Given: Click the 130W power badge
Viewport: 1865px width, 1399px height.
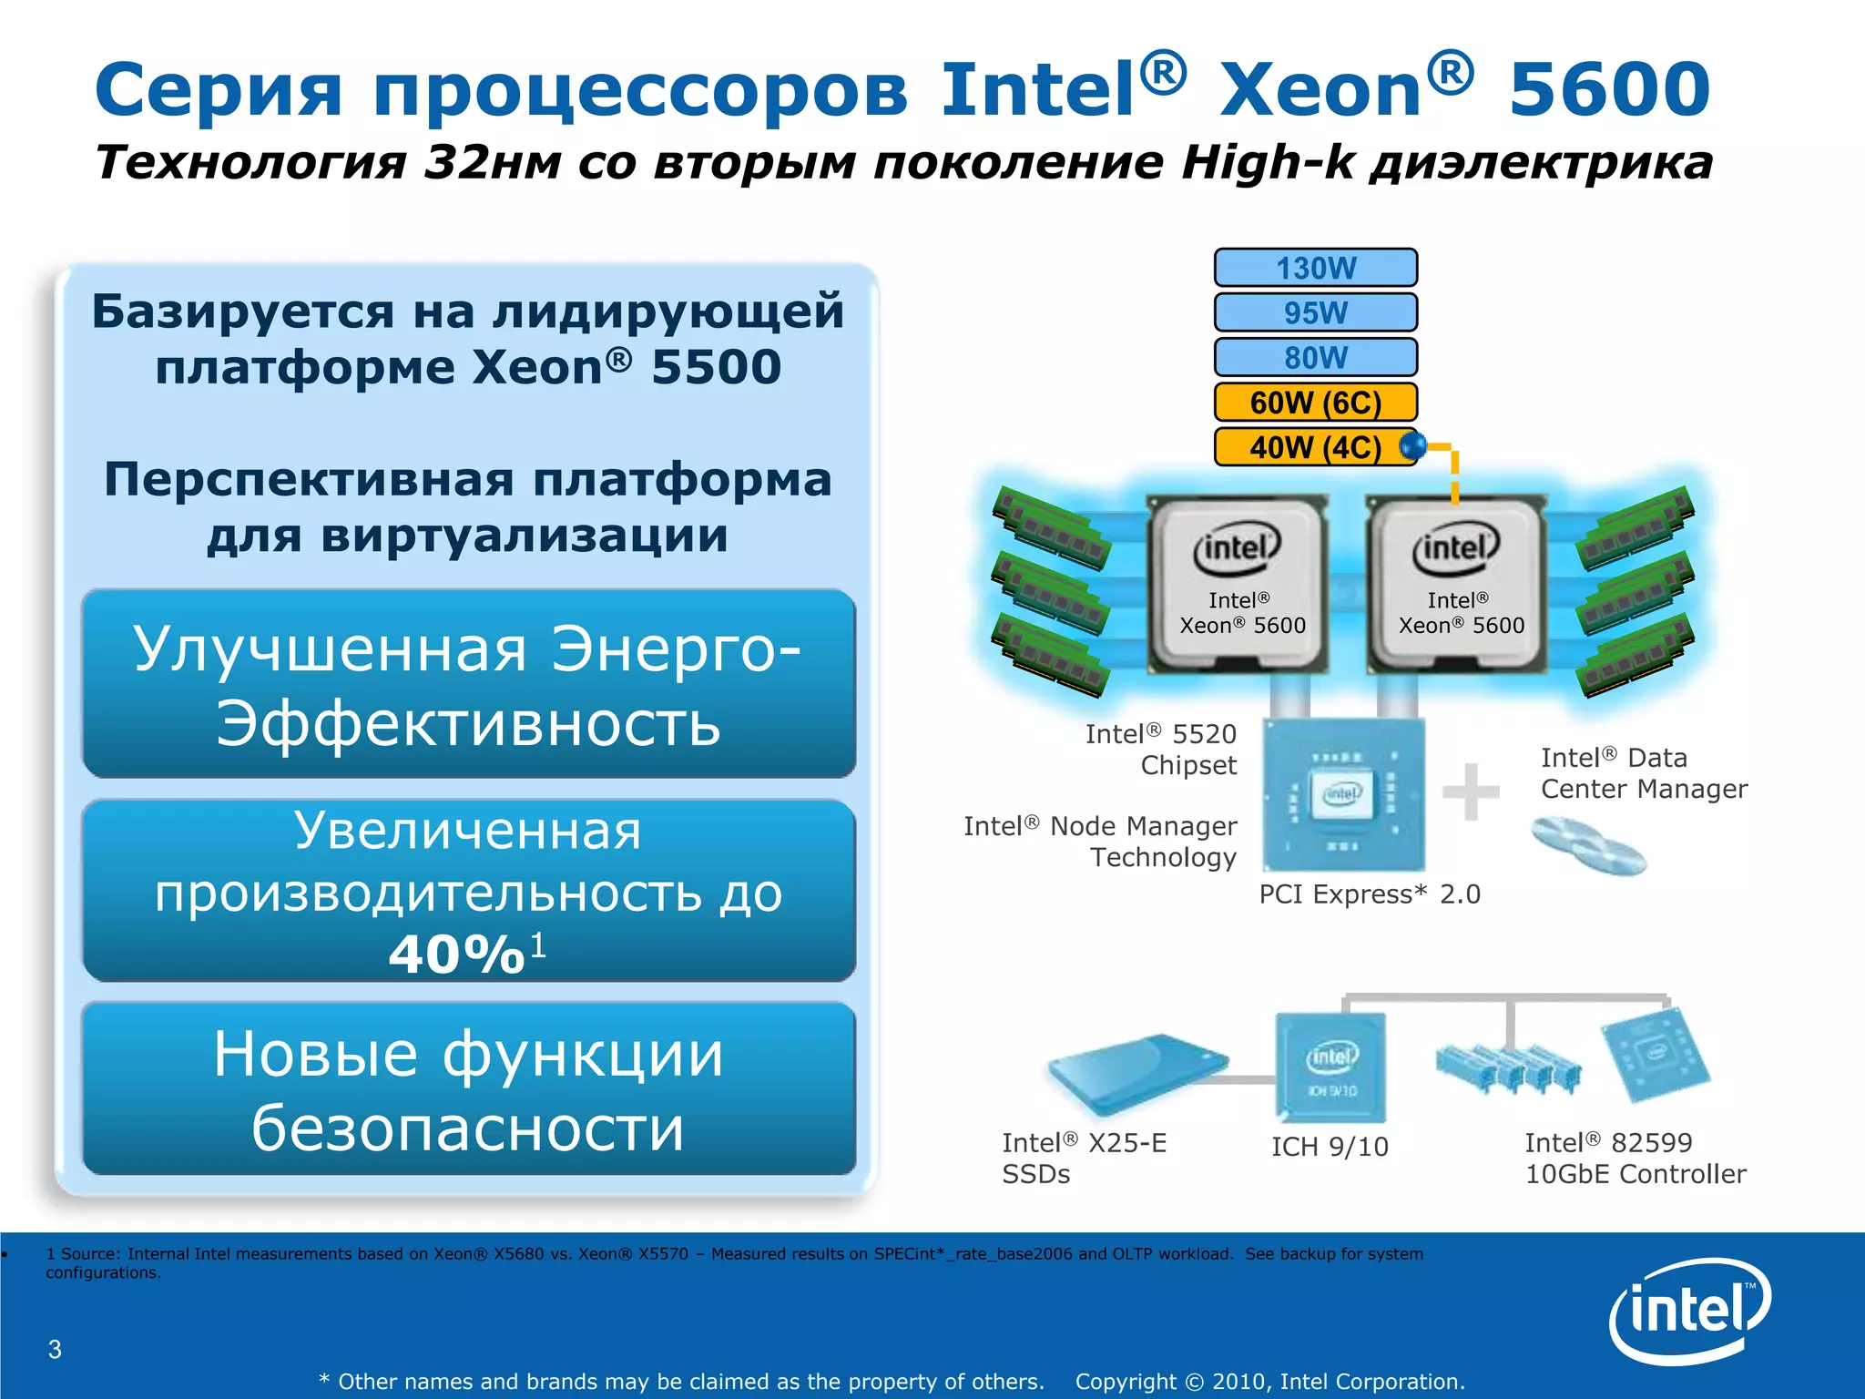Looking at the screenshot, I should (1315, 268).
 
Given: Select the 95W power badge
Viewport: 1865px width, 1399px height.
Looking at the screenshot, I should (1315, 312).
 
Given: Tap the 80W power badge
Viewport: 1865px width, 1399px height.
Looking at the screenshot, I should (1315, 357).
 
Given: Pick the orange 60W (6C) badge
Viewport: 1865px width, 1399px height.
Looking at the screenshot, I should (1315, 402).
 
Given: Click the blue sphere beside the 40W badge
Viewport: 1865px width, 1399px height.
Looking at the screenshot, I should (1412, 445).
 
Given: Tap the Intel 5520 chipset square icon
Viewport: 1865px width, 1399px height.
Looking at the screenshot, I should (1344, 794).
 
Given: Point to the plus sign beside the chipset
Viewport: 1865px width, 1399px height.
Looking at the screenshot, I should (1471, 791).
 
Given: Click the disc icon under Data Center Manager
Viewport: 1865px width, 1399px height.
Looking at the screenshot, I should (1588, 846).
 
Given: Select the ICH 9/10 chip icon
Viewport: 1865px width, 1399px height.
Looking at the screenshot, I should (1331, 1067).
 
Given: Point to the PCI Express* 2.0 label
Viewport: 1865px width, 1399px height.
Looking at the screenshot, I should (1370, 894).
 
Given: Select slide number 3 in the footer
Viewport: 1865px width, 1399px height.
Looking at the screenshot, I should (55, 1349).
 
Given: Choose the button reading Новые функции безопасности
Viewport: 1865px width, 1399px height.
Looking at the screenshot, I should (469, 1089).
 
